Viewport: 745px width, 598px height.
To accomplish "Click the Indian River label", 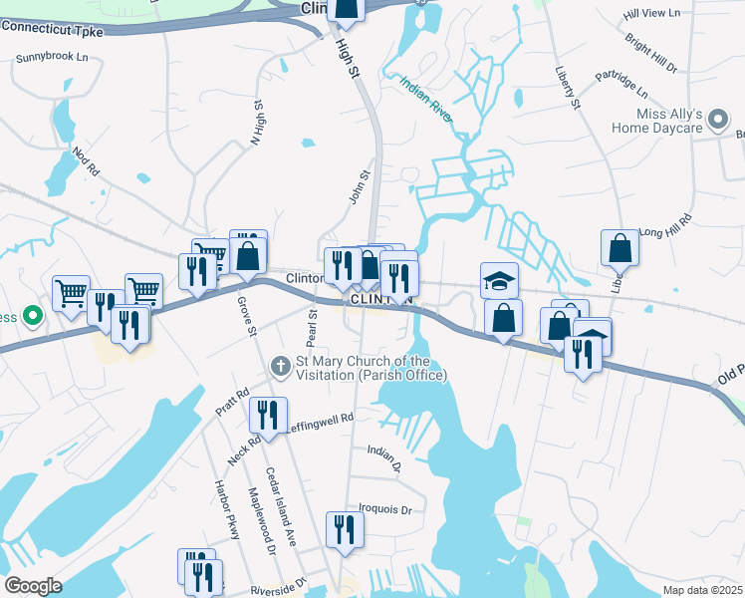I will (x=426, y=100).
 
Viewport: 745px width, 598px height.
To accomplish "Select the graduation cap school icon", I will (x=499, y=280).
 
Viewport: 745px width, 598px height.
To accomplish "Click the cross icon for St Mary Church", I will (x=281, y=367).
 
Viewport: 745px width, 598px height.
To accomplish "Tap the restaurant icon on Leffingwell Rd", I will (x=268, y=415).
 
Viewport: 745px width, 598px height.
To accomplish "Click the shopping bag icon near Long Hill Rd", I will (x=620, y=247).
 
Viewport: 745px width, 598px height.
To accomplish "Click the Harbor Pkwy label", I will (x=228, y=510).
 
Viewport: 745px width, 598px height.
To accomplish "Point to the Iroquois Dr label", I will (x=384, y=509).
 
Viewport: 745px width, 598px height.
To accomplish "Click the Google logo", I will (x=33, y=586).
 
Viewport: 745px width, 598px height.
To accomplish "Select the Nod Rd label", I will (x=86, y=163).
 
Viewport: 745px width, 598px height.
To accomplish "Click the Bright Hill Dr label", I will (x=651, y=54).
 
